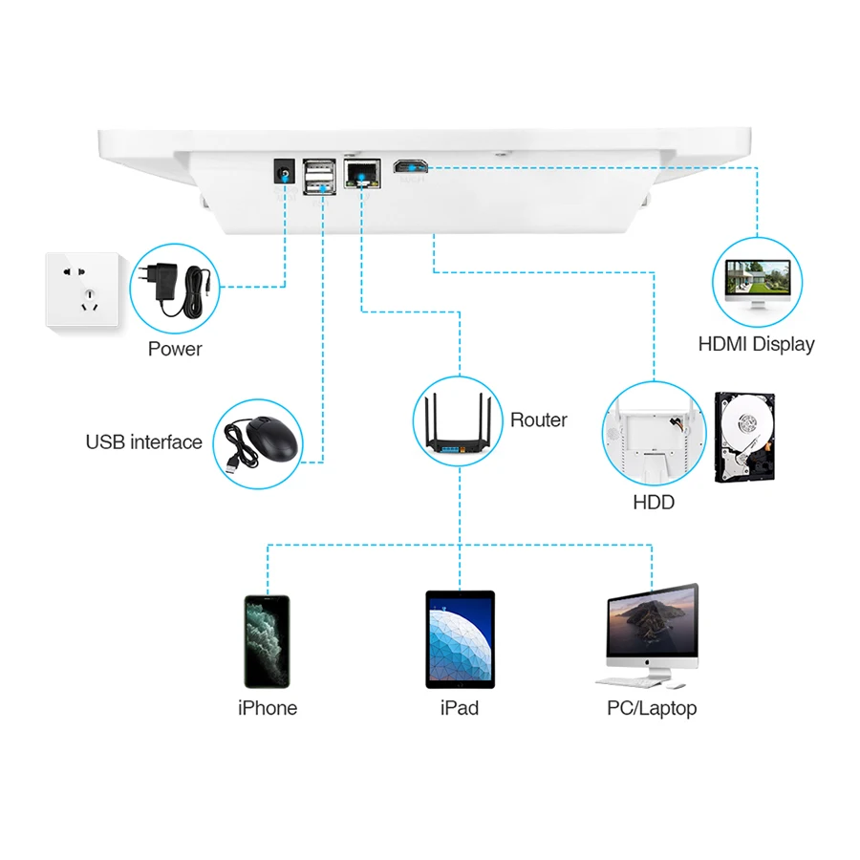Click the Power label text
[175, 349]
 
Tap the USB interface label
[144, 442]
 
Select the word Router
[539, 419]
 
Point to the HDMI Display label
[757, 344]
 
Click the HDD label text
[654, 502]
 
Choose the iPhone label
[268, 708]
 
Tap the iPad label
[460, 708]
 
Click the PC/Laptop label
[652, 708]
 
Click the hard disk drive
[744, 437]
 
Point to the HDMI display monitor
[758, 284]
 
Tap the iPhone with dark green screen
[267, 641]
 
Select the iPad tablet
[460, 639]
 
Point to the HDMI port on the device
[412, 168]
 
